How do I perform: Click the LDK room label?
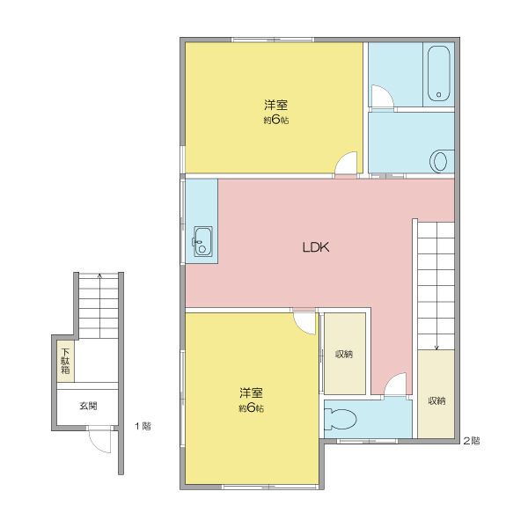pyautogui.click(x=316, y=247)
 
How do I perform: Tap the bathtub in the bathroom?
pyautogui.click(x=438, y=72)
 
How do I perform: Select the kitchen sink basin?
pyautogui.click(x=203, y=241)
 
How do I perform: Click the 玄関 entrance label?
pyautogui.click(x=88, y=406)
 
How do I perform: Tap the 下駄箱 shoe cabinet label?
pyautogui.click(x=65, y=361)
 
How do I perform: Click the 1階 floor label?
pyautogui.click(x=143, y=426)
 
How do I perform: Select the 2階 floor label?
pyautogui.click(x=472, y=441)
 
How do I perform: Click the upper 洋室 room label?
pyautogui.click(x=275, y=105)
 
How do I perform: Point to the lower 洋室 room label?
pyautogui.click(x=251, y=393)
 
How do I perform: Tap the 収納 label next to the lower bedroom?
pyautogui.click(x=344, y=354)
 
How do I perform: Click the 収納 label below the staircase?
pyautogui.click(x=436, y=400)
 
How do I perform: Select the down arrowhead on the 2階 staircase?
pyautogui.click(x=436, y=348)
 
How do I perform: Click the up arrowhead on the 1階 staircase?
pyautogui.click(x=99, y=275)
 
